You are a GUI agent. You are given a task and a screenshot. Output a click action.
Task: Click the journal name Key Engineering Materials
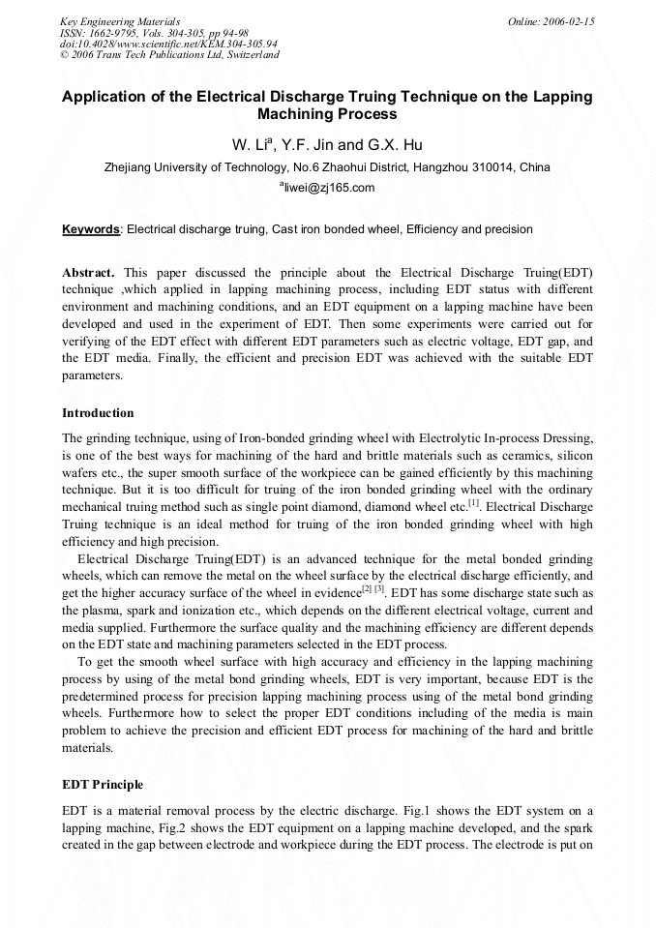tap(120, 21)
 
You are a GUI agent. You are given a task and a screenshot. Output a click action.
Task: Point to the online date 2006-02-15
tap(569, 21)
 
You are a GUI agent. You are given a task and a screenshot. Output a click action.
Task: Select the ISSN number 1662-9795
tap(110, 33)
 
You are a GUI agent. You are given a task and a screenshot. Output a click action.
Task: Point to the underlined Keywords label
tap(91, 229)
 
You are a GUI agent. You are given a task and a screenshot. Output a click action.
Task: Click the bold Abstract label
tap(89, 274)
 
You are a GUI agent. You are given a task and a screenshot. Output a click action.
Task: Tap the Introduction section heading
tap(98, 413)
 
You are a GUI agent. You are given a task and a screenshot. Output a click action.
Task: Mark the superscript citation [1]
tap(473, 502)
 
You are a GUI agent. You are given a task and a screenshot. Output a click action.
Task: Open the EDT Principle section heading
tap(103, 784)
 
